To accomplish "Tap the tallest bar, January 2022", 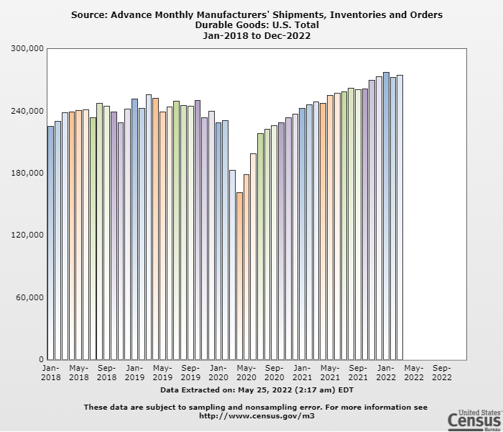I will pyautogui.click(x=386, y=216).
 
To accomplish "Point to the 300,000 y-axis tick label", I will pyautogui.click(x=28, y=48).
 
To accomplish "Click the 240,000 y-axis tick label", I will pyautogui.click(x=28, y=111).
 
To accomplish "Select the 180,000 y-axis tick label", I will pyautogui.click(x=28, y=173).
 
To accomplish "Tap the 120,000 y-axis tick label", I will pyautogui.click(x=28, y=235).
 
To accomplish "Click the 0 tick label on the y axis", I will pyautogui.click(x=41, y=359).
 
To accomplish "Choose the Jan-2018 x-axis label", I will pyautogui.click(x=50, y=372).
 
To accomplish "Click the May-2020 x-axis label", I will pyautogui.click(x=246, y=372).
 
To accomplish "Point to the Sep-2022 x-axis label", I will pyautogui.click(x=442, y=372).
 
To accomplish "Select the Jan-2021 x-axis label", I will pyautogui.click(x=303, y=372).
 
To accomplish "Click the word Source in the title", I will pyautogui.click(x=88, y=14).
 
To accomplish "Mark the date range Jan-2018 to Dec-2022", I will pyautogui.click(x=257, y=35).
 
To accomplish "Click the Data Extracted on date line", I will pyautogui.click(x=257, y=390).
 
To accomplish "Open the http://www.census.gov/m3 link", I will pyautogui.click(x=256, y=415).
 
